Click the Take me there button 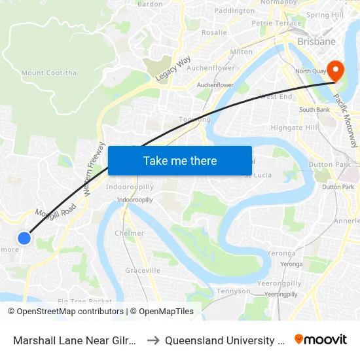click(180, 160)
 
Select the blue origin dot click(24, 238)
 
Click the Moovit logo click(321, 340)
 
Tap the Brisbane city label click(316, 42)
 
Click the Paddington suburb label click(234, 11)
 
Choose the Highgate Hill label click(293, 128)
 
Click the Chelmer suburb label click(129, 233)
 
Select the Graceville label click(143, 270)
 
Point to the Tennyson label click(233, 291)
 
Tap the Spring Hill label click(325, 15)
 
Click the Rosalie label click(214, 32)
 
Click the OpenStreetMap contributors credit click(67, 312)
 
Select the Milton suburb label click(241, 52)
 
